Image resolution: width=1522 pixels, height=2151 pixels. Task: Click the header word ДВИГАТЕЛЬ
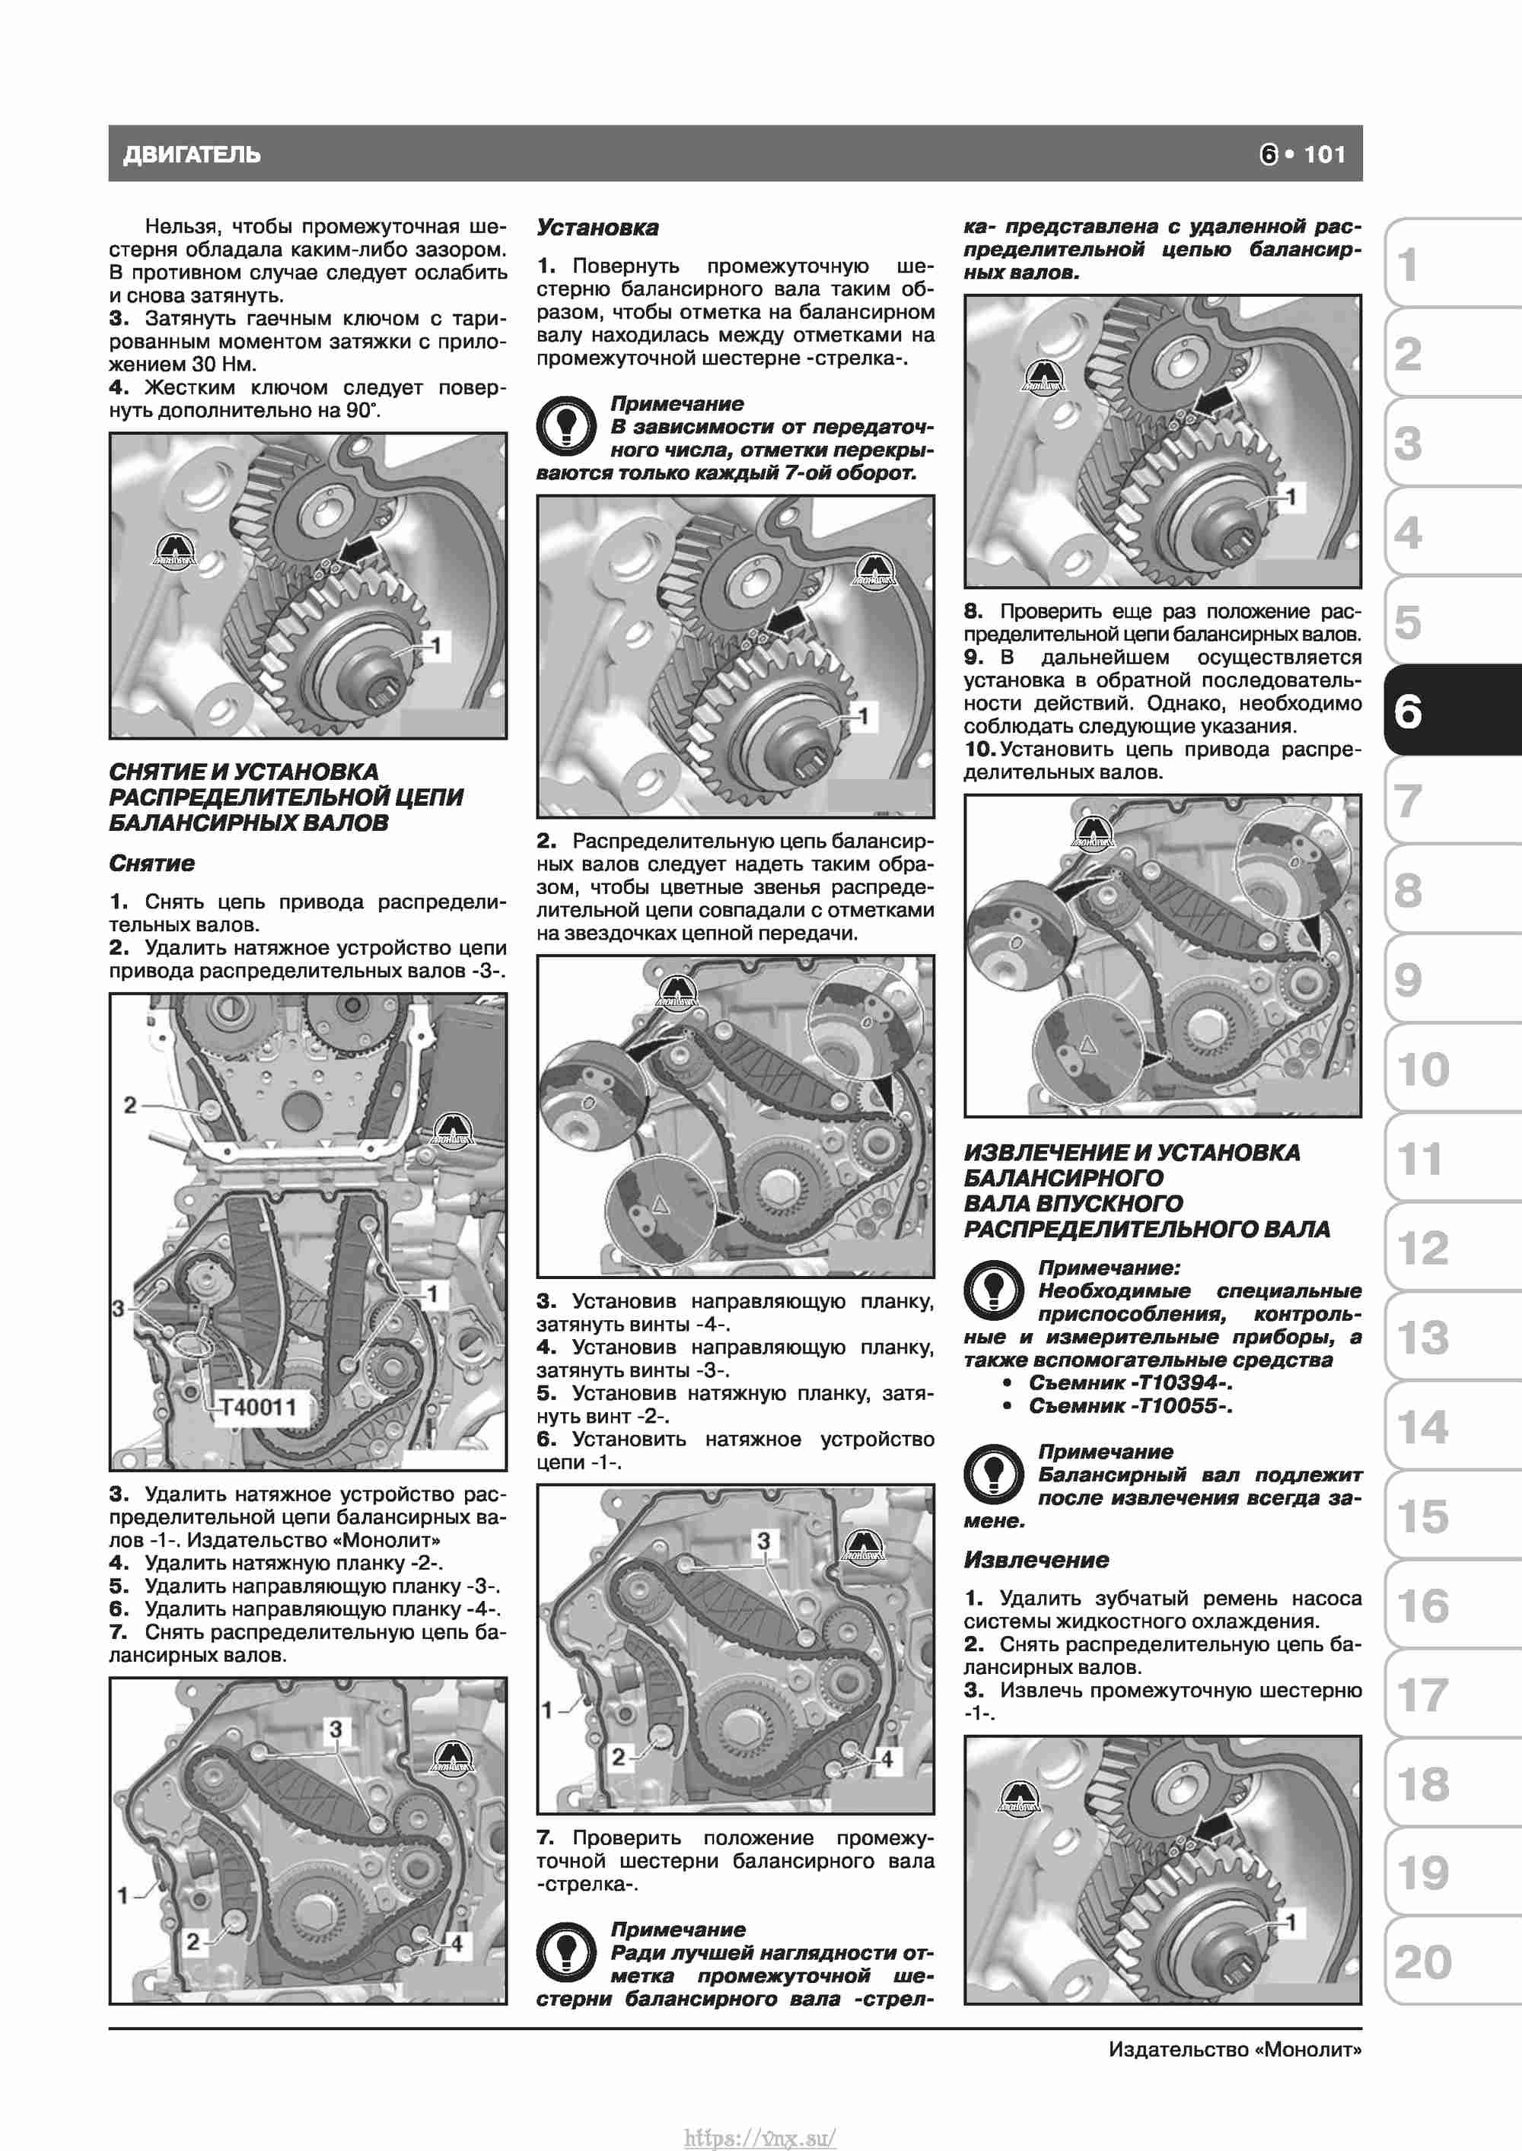click(191, 154)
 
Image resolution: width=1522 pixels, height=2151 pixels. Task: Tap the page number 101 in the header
click(1324, 154)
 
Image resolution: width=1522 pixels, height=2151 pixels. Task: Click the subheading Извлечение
click(1036, 1560)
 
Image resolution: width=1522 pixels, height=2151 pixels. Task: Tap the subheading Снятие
click(152, 863)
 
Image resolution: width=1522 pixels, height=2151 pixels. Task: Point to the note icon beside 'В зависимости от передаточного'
click(566, 425)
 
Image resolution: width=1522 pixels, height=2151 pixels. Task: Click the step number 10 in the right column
click(979, 749)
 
